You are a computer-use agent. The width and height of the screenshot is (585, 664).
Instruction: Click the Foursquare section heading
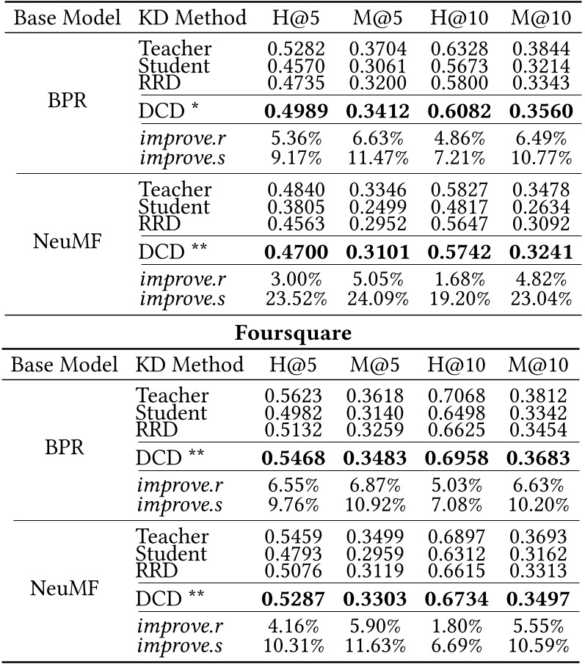pos(292,332)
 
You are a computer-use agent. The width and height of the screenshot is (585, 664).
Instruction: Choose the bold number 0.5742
pos(458,251)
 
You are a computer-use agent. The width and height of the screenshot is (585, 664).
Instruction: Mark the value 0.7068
pos(458,395)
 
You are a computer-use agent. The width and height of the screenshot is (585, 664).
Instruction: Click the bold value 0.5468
pos(294,458)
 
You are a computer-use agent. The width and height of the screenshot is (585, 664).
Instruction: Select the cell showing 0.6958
pos(458,458)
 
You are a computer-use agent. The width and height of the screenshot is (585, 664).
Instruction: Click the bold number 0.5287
pos(294,599)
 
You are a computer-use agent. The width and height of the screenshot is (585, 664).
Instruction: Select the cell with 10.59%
pos(540,646)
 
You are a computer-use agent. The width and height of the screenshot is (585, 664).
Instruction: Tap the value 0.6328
pos(458,49)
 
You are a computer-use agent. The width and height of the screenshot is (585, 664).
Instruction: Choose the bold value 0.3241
pos(540,251)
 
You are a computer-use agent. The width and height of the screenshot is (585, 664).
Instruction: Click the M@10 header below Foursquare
pos(540,364)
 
